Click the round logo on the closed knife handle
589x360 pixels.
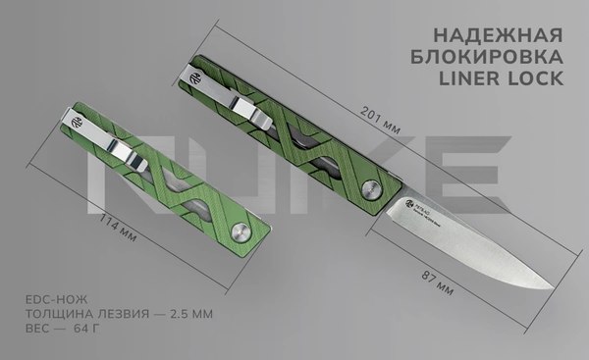click(77, 123)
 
